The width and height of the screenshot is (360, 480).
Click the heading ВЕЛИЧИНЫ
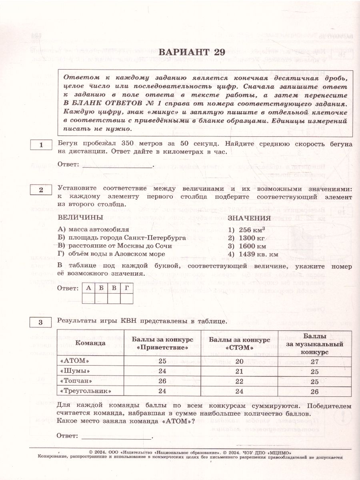(x=80, y=217)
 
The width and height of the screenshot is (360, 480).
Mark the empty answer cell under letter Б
(x=101, y=298)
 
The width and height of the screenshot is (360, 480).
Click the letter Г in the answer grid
(x=127, y=288)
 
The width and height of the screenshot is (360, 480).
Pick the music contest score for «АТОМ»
(x=314, y=362)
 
